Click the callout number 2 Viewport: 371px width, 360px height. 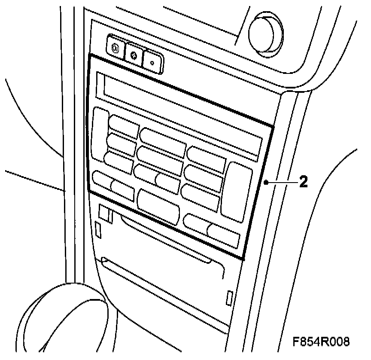pos(303,182)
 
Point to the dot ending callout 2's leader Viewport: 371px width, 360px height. pos(267,182)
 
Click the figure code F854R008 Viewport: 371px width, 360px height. pos(321,342)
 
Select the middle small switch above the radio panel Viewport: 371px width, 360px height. pos(134,55)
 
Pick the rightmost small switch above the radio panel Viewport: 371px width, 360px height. pos(152,62)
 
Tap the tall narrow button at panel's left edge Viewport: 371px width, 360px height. pos(100,134)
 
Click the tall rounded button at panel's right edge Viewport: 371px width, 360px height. pos(236,189)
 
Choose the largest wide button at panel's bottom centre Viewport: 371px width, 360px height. pos(158,206)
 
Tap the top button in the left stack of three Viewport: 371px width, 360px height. pos(124,125)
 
